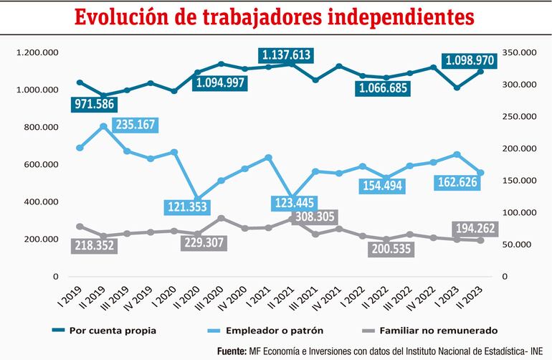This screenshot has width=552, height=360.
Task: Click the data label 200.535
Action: click(x=391, y=250)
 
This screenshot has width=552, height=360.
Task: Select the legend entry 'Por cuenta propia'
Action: click(x=113, y=331)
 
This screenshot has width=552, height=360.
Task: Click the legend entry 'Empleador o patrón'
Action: click(x=278, y=331)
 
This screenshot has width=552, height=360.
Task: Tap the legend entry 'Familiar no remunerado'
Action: click(x=448, y=331)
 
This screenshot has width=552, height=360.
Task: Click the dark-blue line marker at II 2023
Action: click(x=481, y=71)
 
